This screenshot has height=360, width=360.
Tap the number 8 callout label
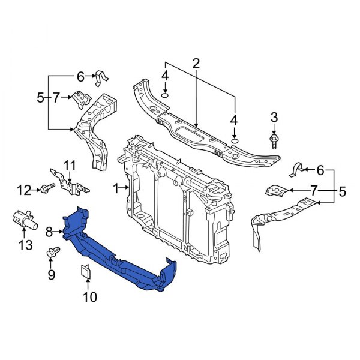49,230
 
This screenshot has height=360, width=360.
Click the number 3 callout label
274,116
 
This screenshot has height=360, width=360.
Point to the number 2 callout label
196,64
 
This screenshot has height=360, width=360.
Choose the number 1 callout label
116,188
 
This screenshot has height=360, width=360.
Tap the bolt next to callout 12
46,190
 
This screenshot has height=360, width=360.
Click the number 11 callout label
70,166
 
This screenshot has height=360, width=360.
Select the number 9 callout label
51,275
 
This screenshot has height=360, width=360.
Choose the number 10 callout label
88,296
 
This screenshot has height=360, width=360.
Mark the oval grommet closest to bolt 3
235,140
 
